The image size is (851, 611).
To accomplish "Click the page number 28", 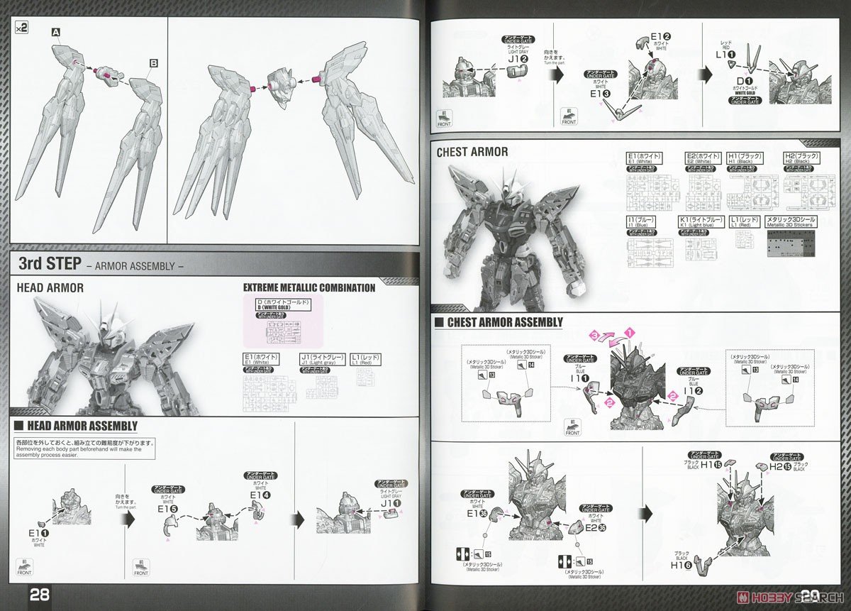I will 39,594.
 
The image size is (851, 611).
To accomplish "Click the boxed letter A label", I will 55,32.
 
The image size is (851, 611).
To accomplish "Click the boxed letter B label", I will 153,63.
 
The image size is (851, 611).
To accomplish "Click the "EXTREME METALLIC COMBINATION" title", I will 309,287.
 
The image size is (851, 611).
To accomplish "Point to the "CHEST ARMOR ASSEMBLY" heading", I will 505,322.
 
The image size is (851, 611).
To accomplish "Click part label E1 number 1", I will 38,532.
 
